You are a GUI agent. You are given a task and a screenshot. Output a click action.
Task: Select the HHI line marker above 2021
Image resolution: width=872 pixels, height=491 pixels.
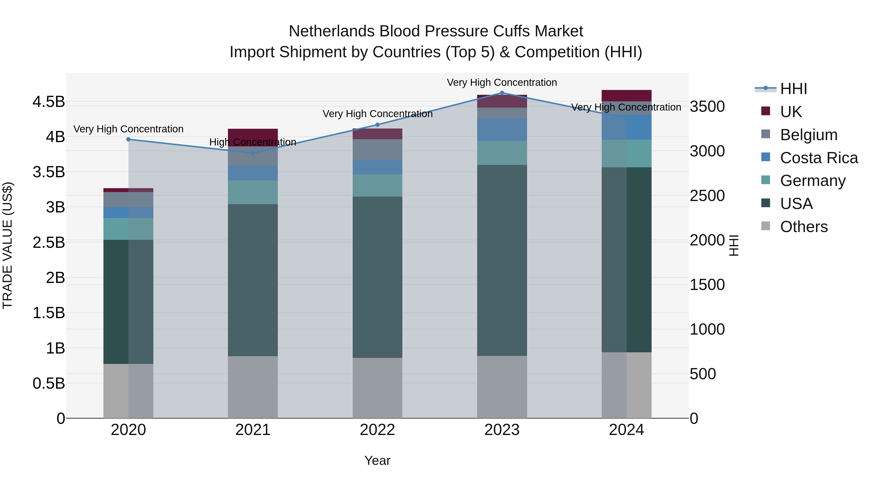(x=253, y=153)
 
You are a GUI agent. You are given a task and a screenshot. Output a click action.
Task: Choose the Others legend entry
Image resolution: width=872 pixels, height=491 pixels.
(x=804, y=227)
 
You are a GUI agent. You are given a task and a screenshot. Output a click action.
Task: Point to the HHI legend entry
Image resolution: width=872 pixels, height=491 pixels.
(x=794, y=89)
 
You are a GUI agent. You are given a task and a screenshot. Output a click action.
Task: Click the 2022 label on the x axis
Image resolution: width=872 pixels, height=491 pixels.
(x=377, y=430)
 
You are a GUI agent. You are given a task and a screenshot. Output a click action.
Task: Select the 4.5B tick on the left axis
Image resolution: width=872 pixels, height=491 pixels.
(x=49, y=102)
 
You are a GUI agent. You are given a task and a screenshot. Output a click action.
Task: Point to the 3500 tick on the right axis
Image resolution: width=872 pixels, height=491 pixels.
(x=707, y=106)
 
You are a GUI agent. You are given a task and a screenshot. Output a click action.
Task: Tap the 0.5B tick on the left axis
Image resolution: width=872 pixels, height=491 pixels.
(x=49, y=384)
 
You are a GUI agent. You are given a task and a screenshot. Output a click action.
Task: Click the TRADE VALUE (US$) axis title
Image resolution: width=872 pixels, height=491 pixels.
(x=8, y=245)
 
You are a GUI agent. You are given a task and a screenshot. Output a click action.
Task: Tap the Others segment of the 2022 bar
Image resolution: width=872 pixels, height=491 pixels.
(x=377, y=388)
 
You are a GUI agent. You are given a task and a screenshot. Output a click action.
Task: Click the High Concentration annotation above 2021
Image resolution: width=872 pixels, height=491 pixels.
(x=253, y=142)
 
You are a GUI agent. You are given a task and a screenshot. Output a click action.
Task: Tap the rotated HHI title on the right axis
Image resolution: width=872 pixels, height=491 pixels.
(x=733, y=245)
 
